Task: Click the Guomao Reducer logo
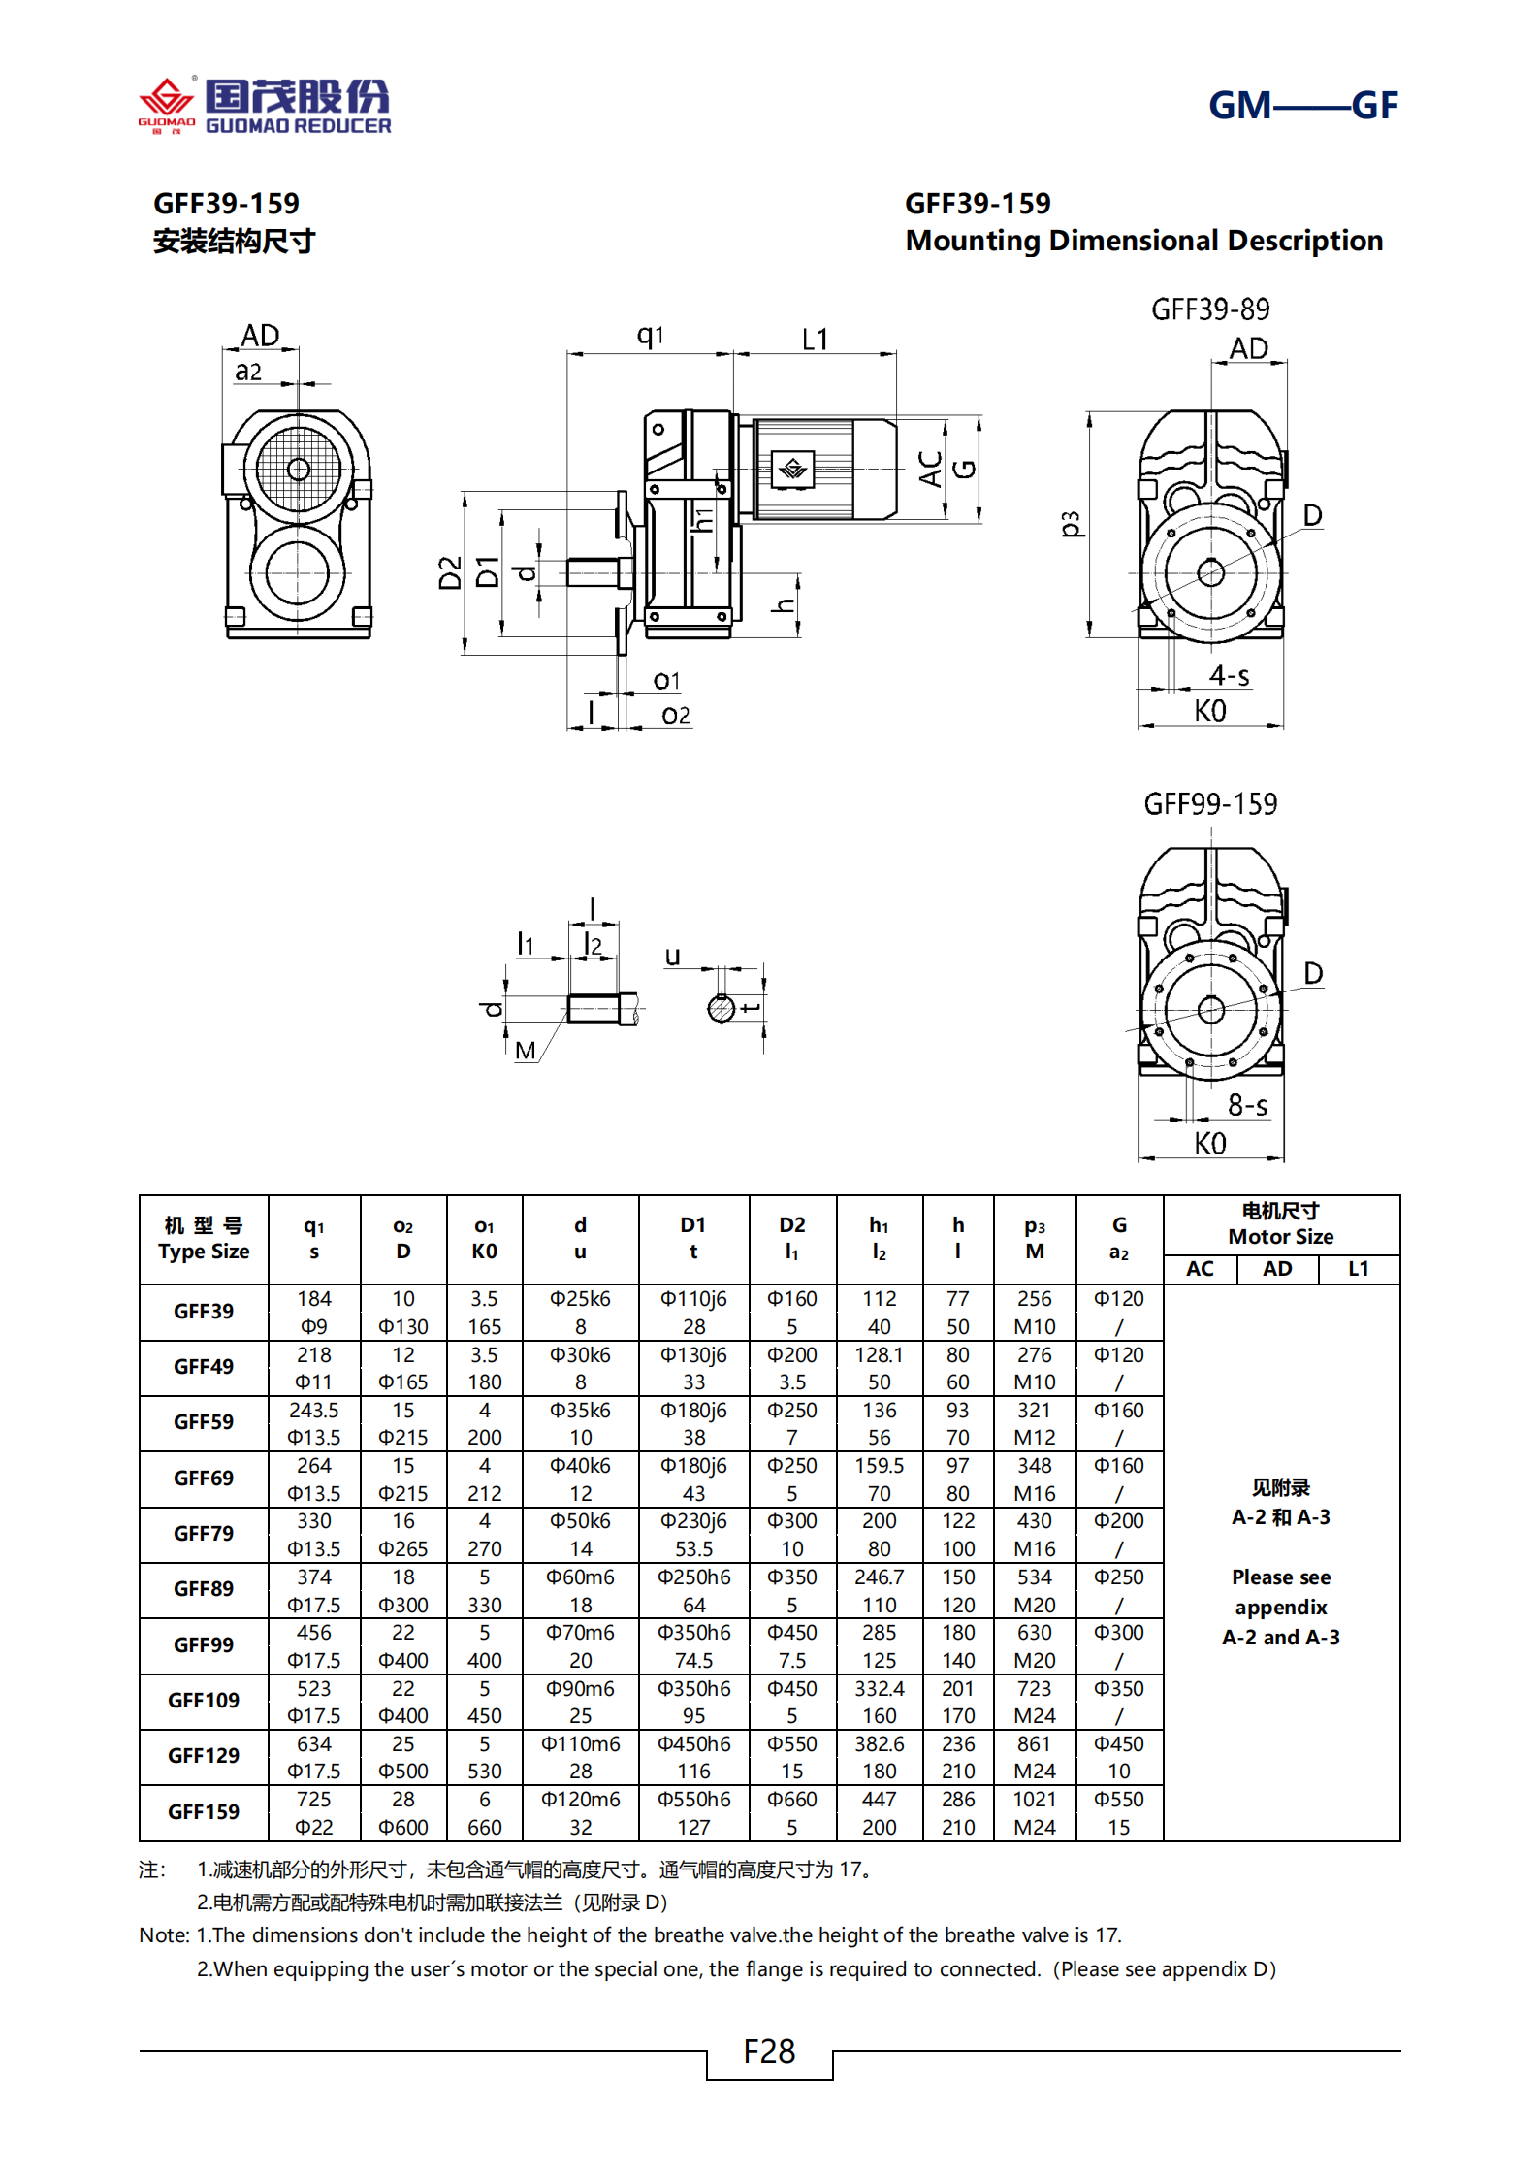point(265,105)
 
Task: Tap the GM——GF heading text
point(1301,105)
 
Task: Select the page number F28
point(769,2051)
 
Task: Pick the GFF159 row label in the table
point(204,1811)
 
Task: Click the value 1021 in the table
point(1034,1799)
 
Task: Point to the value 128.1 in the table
point(879,1354)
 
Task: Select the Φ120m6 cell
point(580,1799)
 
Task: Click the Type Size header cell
point(204,1239)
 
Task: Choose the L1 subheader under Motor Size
point(1358,1269)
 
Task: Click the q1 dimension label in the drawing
point(650,336)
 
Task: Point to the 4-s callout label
point(1229,675)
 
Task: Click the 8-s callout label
point(1247,1105)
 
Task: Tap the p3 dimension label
point(1070,524)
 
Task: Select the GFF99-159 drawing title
point(1210,804)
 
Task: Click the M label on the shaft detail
point(526,1050)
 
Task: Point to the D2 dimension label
point(450,572)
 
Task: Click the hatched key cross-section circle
point(721,1009)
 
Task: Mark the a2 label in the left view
point(248,372)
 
